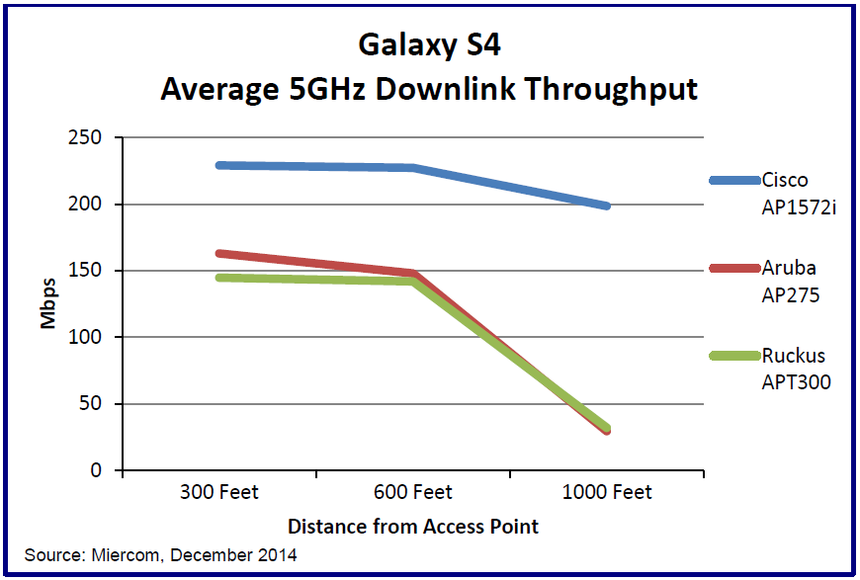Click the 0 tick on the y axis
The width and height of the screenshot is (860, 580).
(96, 470)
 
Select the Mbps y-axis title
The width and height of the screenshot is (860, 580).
(47, 304)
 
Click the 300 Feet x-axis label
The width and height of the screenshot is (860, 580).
(217, 492)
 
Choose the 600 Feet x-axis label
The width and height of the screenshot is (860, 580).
(412, 492)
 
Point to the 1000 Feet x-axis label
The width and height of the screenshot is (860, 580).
(607, 492)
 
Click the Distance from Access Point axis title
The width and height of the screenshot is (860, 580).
(413, 526)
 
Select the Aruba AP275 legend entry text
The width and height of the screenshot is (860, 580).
(790, 281)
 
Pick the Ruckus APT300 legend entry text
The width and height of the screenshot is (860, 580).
(796, 369)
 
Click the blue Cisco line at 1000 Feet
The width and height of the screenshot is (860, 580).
(607, 206)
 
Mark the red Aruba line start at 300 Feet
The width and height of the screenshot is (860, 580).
(218, 254)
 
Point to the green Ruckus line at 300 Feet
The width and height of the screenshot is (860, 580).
(218, 278)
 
